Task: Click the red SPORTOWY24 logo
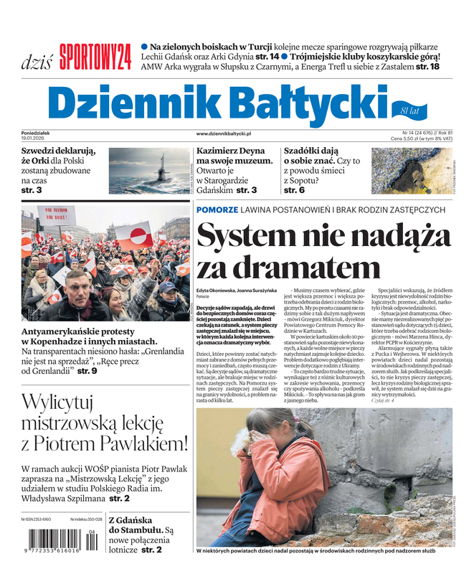point(95,57)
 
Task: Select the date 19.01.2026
point(36,138)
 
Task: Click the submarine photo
point(148,171)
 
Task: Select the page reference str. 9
point(87,370)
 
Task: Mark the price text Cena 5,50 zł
point(412,138)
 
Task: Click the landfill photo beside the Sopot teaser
point(412,171)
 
